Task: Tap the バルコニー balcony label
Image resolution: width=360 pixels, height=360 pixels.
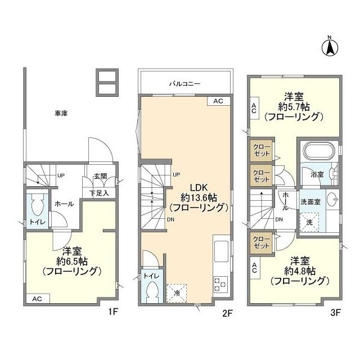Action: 185,84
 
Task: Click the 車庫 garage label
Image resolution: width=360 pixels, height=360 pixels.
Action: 61,114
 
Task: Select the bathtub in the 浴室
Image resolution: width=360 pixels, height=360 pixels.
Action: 319,152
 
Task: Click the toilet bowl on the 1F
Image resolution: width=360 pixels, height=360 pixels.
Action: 38,204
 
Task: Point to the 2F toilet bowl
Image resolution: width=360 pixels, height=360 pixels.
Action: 152,290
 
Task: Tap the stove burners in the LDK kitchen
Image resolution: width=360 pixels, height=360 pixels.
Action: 220,285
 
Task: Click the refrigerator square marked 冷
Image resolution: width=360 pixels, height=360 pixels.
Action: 176,293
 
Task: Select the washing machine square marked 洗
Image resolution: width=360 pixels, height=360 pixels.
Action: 309,222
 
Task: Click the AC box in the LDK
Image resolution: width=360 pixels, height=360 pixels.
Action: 218,101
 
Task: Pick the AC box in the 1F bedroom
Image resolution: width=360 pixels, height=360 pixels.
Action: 37,299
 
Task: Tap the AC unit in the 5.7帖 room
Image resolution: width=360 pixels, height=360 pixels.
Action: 254,108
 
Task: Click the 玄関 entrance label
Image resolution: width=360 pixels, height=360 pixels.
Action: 101,177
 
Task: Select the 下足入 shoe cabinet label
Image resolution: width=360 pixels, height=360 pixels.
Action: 99,193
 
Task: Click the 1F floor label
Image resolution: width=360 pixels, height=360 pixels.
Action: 113,312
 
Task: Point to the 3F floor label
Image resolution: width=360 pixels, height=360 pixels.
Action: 335,312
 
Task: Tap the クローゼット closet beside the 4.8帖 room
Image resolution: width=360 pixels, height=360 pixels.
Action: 261,242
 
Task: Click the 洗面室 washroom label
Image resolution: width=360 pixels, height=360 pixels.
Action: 310,202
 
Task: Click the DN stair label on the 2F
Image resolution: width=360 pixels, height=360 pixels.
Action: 170,220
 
